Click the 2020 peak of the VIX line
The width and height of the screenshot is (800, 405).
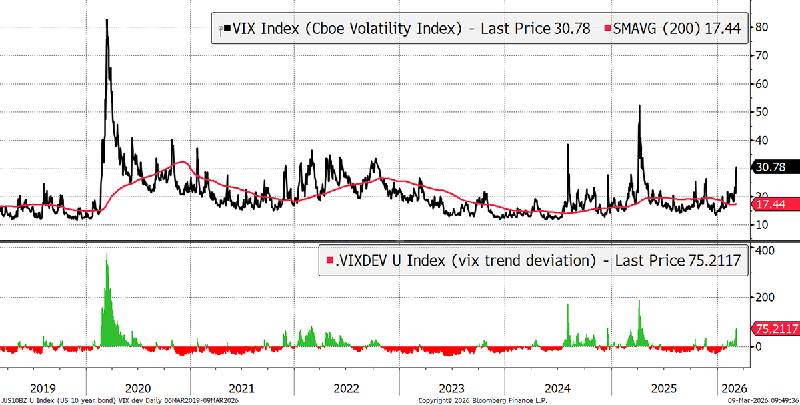coord(107,20)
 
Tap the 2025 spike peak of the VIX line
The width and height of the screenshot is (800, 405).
coord(639,106)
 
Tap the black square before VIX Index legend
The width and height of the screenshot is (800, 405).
coord(228,29)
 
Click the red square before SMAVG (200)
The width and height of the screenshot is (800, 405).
coord(607,29)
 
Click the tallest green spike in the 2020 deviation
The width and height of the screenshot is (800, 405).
coord(107,254)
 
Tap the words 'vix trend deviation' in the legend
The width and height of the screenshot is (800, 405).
coord(521,260)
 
